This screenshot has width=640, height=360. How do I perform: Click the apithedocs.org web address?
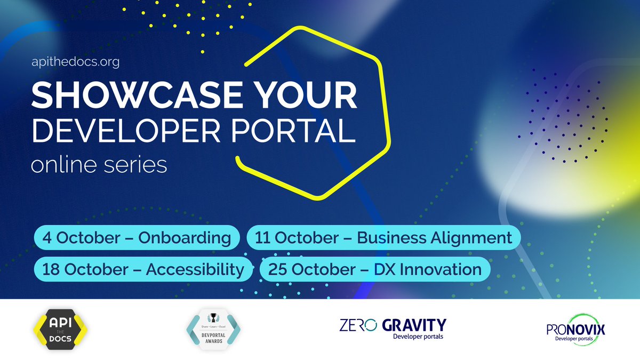(75, 62)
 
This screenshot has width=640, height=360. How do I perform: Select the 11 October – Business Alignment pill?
(384, 238)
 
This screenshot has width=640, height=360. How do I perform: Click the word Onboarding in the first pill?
(185, 238)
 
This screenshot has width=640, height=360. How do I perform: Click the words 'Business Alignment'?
(434, 238)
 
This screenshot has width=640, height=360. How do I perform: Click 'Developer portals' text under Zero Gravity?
(418, 337)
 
